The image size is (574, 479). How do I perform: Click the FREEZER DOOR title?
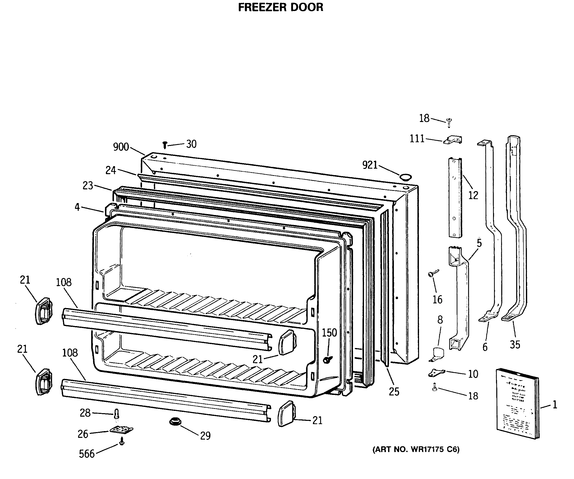point(281,7)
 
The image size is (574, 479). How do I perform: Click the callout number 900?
point(121,147)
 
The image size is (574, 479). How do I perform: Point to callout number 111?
point(417,139)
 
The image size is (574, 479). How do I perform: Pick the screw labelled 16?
point(433,273)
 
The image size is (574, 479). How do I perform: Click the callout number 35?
point(515,345)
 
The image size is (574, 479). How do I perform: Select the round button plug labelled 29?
point(175,421)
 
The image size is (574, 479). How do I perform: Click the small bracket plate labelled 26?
point(121,430)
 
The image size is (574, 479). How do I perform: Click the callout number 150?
point(329,333)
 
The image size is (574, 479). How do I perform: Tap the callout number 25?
point(394,392)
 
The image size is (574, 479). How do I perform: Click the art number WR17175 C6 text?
point(416,450)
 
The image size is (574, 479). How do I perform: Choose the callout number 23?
point(88,186)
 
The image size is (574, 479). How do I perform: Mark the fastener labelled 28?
point(117,414)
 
